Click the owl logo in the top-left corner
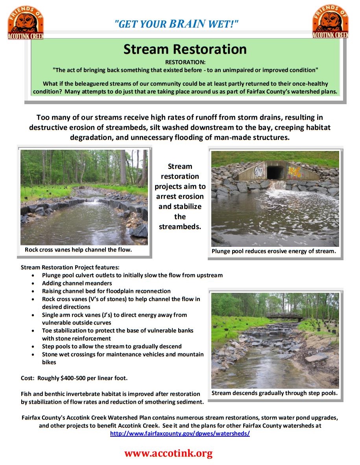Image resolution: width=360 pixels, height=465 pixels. tap(25, 22)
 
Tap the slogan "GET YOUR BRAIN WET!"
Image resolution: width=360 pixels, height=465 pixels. tap(177, 24)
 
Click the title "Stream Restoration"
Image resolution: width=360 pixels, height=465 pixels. tap(185, 50)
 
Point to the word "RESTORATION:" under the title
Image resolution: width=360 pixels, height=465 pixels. tap(185, 62)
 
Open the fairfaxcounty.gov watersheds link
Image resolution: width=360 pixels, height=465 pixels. tap(180, 433)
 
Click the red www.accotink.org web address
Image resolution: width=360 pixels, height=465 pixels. tap(168, 453)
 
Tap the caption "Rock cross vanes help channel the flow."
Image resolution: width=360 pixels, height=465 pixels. tap(78, 250)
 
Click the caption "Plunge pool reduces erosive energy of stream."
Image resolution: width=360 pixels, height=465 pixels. tap(273, 251)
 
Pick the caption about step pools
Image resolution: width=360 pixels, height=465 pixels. tap(274, 393)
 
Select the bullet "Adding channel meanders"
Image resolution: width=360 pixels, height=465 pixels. tap(77, 283)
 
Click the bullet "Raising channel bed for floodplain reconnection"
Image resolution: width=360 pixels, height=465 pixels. tap(106, 291)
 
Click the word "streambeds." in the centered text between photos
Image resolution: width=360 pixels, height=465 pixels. tap(180, 227)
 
